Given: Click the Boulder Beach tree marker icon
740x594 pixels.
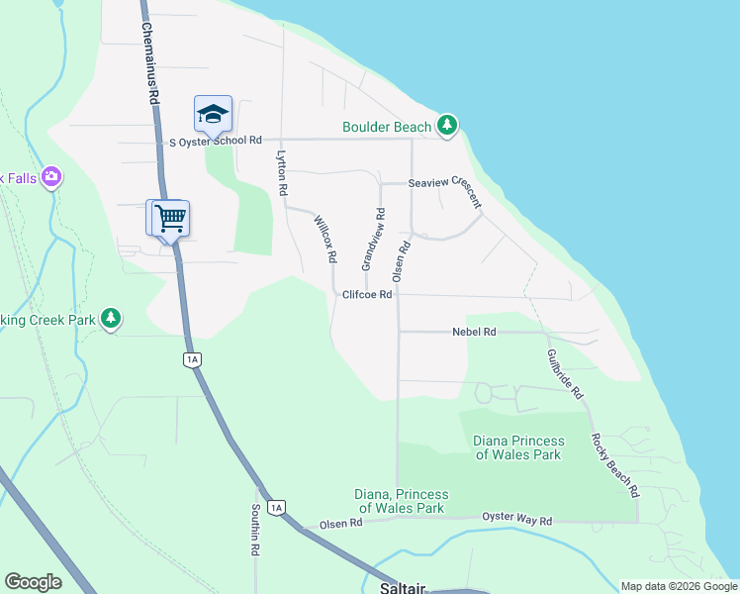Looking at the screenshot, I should click(448, 126).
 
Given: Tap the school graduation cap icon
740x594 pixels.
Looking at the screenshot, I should click(213, 114).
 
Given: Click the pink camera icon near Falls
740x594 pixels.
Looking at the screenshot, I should click(51, 178).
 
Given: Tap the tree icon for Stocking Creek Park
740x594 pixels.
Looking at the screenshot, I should click(112, 319).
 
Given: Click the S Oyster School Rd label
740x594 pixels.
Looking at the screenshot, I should click(215, 142).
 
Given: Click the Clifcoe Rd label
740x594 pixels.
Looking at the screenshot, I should click(368, 295).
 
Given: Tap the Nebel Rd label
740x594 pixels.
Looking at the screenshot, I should click(474, 333).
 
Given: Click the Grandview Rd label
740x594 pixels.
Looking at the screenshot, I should click(372, 240).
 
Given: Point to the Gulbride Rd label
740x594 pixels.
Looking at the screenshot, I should click(565, 373).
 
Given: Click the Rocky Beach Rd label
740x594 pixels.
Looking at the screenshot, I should click(614, 464).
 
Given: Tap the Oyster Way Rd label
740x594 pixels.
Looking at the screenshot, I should click(516, 519).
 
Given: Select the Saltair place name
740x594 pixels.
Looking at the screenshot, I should click(403, 588).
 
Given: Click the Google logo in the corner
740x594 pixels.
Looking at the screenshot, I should click(33, 582).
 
